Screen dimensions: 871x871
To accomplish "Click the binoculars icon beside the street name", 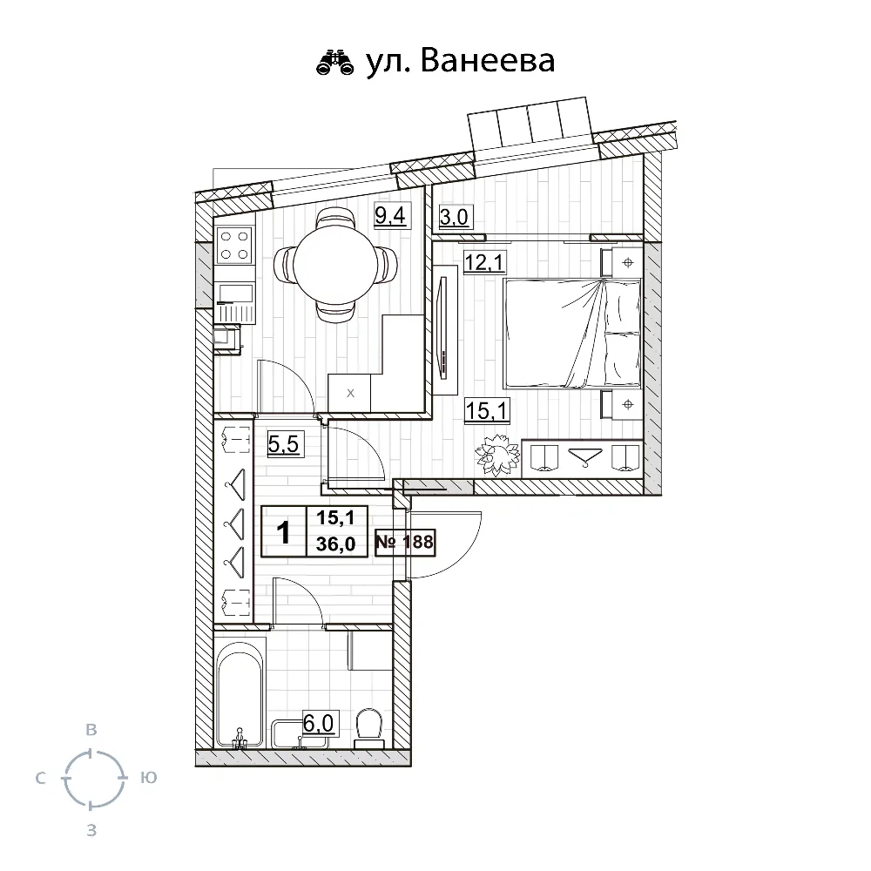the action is tap(335, 62).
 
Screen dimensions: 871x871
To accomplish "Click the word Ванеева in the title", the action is tap(488, 60).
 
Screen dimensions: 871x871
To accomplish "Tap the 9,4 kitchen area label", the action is tap(390, 215).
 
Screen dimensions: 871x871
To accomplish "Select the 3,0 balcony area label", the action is tap(454, 216).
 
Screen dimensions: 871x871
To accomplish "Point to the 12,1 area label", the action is tap(484, 261).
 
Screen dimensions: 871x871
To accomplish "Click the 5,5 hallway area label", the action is tap(283, 444).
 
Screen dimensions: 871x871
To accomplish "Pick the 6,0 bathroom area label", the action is tap(318, 723).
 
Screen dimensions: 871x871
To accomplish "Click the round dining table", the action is tap(335, 266).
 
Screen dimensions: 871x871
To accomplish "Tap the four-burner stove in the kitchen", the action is tap(233, 245).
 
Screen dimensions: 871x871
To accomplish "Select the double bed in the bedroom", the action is tap(572, 333).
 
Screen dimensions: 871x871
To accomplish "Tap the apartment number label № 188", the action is tap(404, 542).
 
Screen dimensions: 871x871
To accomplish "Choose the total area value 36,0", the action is tap(335, 544).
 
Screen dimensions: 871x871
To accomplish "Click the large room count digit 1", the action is tap(283, 532).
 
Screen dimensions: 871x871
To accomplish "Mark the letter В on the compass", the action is tap(91, 730).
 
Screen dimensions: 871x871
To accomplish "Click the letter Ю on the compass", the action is tap(149, 778).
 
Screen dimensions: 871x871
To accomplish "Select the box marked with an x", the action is tap(349, 393).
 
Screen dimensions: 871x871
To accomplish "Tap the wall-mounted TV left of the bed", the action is tap(443, 328).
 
